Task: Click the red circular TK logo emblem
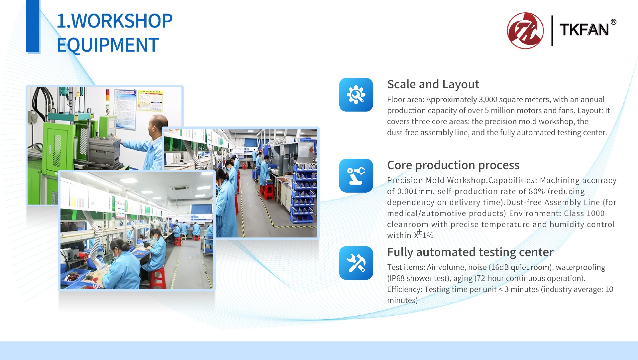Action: pyautogui.click(x=525, y=31)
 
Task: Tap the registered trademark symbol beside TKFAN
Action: pyautogui.click(x=613, y=22)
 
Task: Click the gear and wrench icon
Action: pyautogui.click(x=356, y=95)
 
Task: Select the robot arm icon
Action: pyautogui.click(x=356, y=176)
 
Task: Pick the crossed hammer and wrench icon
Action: pyautogui.click(x=356, y=263)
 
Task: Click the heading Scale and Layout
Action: pyautogui.click(x=433, y=84)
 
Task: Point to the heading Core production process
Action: pyautogui.click(x=453, y=165)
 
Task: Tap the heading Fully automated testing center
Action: pyautogui.click(x=470, y=252)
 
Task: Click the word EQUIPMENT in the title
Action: pyautogui.click(x=108, y=45)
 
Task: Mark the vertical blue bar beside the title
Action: pyautogui.click(x=33, y=26)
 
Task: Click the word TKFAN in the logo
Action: pyautogui.click(x=584, y=30)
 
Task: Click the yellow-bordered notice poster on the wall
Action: pyautogui.click(x=150, y=101)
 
